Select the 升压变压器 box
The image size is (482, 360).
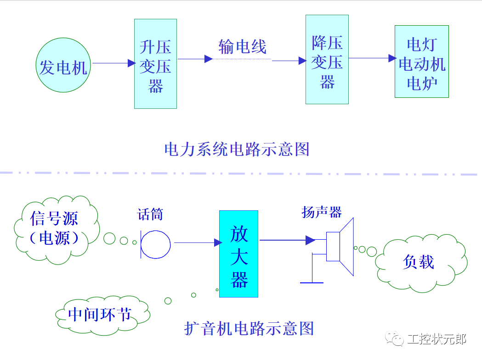(155, 64)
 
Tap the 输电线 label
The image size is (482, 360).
(242, 47)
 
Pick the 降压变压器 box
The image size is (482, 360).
(327, 59)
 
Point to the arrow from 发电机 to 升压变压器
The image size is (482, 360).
(113, 63)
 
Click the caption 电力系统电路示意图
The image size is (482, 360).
(237, 149)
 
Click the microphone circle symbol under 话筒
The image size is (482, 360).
(155, 244)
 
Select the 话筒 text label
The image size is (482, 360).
(150, 214)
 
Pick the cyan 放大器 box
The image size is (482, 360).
(238, 254)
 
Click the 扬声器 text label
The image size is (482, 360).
(322, 212)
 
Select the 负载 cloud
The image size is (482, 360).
(419, 263)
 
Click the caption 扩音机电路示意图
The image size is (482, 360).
(249, 328)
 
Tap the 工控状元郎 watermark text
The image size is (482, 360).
(436, 339)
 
